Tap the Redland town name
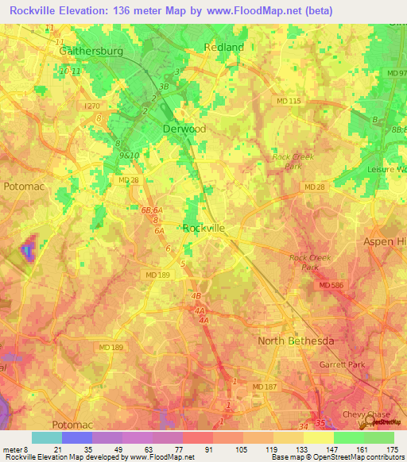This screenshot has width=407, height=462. pyautogui.click(x=223, y=47)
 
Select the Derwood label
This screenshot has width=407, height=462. pyautogui.click(x=184, y=129)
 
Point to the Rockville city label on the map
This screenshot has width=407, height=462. pyautogui.click(x=203, y=228)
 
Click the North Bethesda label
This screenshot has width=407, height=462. pyautogui.click(x=297, y=341)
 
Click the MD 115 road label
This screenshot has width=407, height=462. pyautogui.click(x=289, y=101)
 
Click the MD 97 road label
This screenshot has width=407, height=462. pyautogui.click(x=396, y=73)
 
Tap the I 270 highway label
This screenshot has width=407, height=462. pyautogui.click(x=95, y=105)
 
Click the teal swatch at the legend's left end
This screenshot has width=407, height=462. pyautogui.click(x=46, y=437)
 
